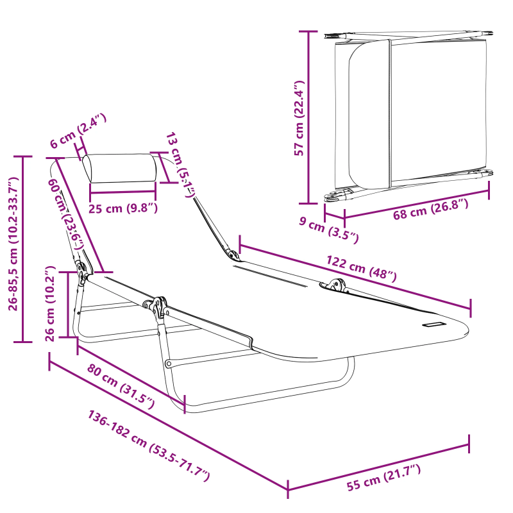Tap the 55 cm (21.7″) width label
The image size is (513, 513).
pyautogui.click(x=383, y=478)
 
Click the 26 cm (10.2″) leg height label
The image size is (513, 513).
pyautogui.click(x=51, y=305)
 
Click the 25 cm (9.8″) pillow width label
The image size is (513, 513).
pyautogui.click(x=122, y=207)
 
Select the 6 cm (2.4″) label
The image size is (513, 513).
pyautogui.click(x=78, y=131)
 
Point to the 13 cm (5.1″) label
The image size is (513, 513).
pyautogui.click(x=180, y=164)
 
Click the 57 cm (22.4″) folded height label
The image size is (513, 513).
pyautogui.click(x=298, y=119)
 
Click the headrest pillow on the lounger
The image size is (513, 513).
pyautogui.click(x=120, y=169)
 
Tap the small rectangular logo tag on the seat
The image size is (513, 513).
pyautogui.click(x=433, y=324)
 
